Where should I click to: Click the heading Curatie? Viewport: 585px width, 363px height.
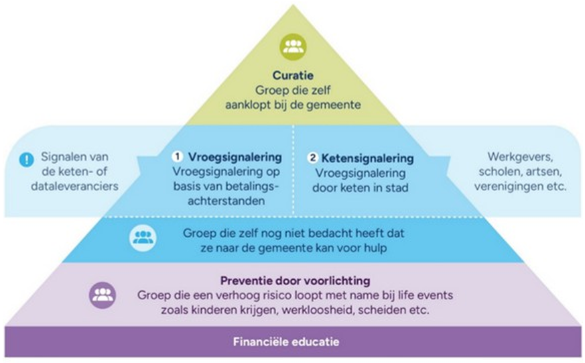pos(293,76)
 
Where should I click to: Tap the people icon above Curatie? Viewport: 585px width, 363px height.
pos(293,46)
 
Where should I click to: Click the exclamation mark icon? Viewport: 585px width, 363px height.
pos(26,160)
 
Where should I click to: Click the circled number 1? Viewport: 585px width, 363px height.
pos(178,157)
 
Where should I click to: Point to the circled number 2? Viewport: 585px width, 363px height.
pos(312,158)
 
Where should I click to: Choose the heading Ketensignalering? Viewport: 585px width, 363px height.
pos(367,158)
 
